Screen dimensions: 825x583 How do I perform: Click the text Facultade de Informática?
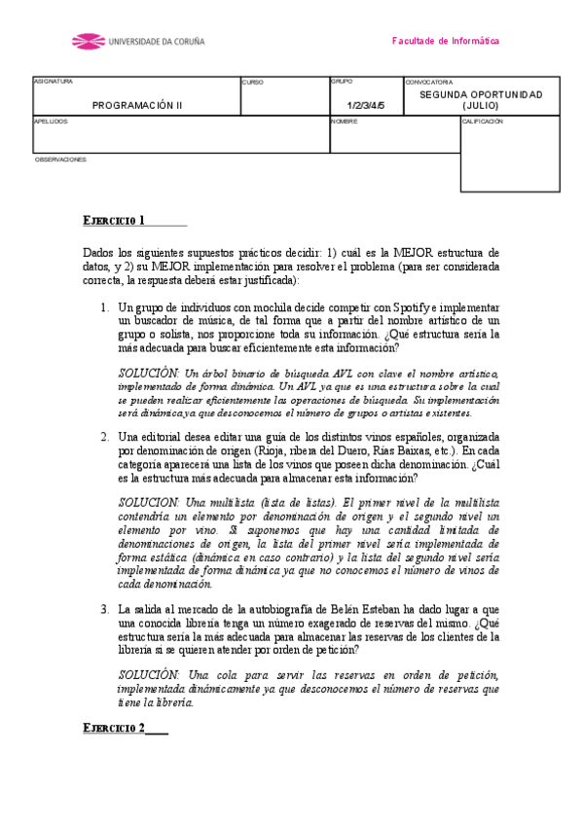445,42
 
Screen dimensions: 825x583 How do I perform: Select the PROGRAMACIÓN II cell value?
137,105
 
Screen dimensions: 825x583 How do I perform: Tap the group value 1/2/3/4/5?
366,105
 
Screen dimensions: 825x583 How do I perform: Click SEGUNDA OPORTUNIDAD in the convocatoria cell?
481,94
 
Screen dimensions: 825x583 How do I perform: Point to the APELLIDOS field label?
52,122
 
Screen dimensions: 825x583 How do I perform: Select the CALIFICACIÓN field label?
483,122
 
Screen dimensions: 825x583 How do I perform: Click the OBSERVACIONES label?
60,159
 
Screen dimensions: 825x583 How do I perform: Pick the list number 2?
105,436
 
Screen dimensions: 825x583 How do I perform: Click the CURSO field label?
252,83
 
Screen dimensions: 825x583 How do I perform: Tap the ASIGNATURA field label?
54,82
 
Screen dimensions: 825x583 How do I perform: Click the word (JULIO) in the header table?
481,105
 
